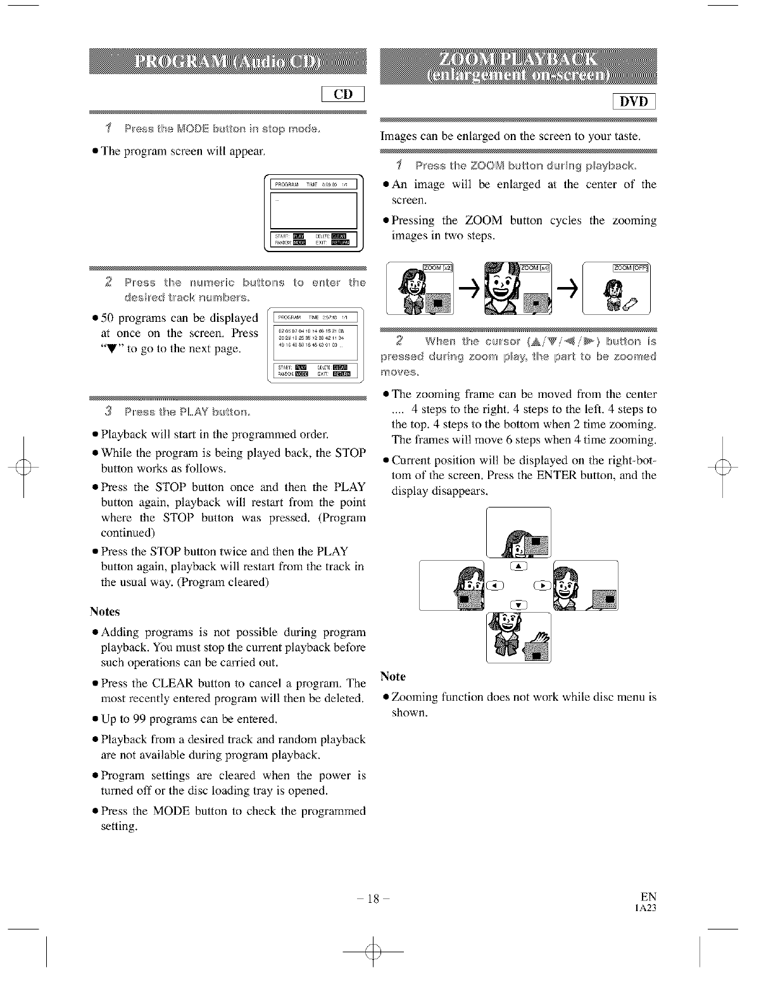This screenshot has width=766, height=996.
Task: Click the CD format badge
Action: pos(343,94)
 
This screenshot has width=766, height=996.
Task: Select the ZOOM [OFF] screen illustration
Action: pos(615,288)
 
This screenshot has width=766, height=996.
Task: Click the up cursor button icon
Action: pos(518,566)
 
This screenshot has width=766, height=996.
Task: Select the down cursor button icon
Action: pos(518,604)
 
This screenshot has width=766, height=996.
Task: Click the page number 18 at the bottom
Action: pos(374,898)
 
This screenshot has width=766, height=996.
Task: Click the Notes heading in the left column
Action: pos(104,611)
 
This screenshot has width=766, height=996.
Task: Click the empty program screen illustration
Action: pos(314,212)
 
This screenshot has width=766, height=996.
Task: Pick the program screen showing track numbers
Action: pos(314,345)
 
